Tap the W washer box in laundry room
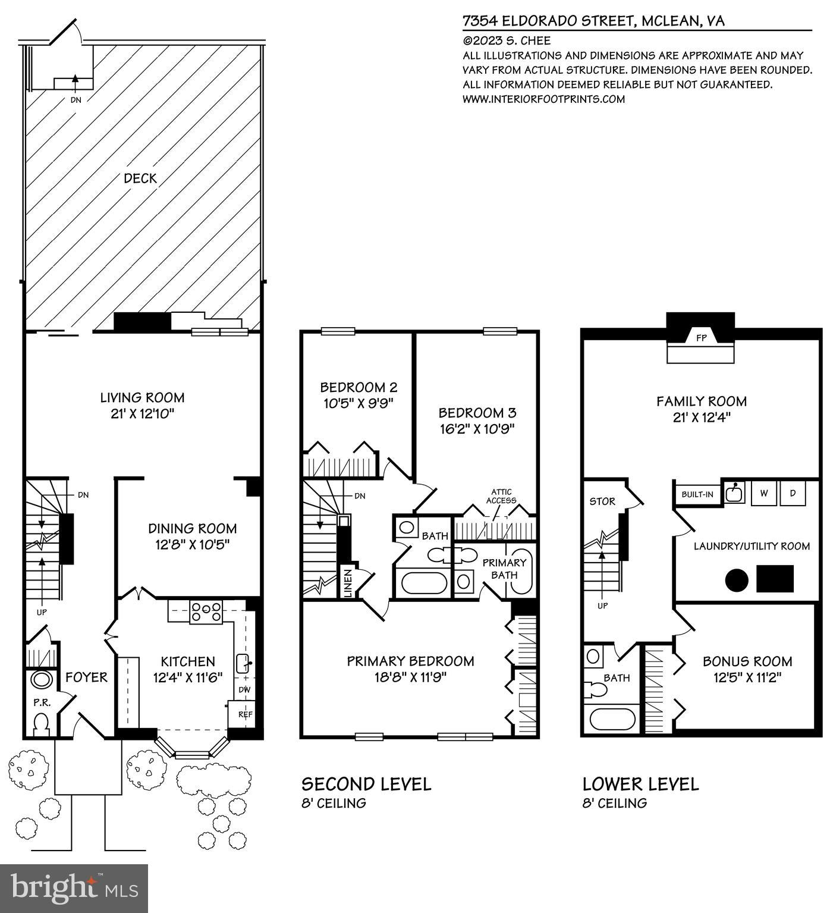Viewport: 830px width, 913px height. tap(763, 493)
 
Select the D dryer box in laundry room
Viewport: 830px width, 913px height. tap(793, 493)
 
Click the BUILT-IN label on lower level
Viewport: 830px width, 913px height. tap(697, 494)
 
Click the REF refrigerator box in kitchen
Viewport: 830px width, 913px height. tap(246, 714)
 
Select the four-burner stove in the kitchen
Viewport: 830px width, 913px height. tap(206, 612)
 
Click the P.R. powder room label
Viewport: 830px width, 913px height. tap(42, 702)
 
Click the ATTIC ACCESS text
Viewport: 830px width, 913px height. tap(501, 496)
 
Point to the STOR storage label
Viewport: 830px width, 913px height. tap(602, 501)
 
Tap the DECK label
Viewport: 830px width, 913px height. tap(140, 178)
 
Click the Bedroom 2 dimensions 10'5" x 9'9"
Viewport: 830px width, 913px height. tap(358, 403)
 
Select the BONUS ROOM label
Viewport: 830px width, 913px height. tap(747, 661)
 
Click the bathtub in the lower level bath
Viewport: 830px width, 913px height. tap(612, 719)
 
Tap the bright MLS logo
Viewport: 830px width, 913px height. tap(74, 889)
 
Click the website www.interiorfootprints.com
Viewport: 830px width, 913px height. tap(543, 99)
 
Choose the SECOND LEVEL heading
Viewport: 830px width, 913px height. tap(366, 784)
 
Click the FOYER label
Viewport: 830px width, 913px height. tap(86, 677)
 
